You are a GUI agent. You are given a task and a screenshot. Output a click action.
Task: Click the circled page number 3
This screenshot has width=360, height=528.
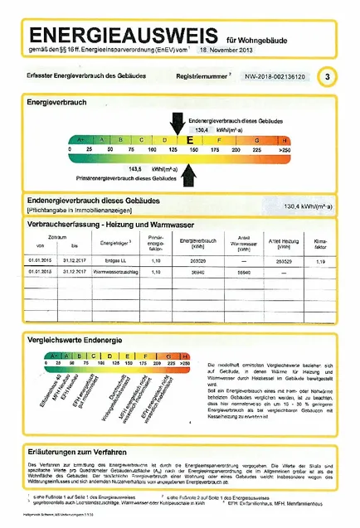point(329,77)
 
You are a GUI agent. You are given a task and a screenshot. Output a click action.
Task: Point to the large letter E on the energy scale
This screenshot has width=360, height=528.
point(189,139)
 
